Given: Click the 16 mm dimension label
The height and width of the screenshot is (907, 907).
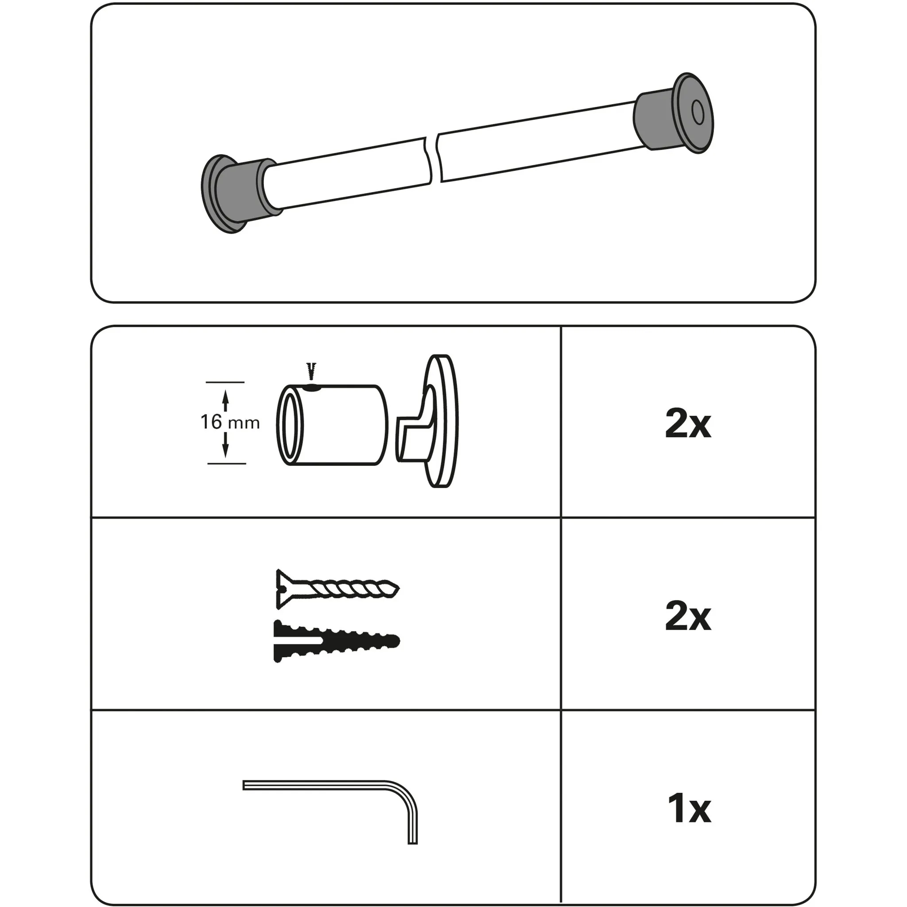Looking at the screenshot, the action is [229, 422].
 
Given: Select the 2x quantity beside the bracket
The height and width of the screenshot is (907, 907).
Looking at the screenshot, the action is [688, 424].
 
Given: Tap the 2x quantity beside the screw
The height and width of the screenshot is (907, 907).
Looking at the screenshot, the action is [688, 616].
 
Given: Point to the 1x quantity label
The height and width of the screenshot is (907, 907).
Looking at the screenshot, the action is [689, 808].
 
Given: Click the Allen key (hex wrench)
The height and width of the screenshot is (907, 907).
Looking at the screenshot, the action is [329, 785].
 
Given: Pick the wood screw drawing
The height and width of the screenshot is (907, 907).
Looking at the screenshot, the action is [337, 589].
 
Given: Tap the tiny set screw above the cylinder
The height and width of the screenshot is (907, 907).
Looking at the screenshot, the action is [311, 370].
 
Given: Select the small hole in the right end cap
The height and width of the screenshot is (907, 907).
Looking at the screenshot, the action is [697, 113].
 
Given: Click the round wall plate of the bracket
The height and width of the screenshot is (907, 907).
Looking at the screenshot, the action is [441, 421].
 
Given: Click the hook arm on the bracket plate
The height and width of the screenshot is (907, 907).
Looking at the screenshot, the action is [413, 422].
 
